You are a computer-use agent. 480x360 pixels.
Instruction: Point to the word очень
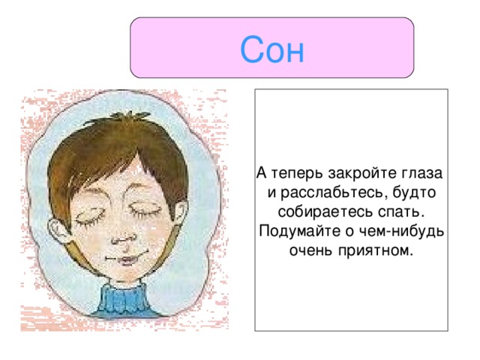coord(309,249)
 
